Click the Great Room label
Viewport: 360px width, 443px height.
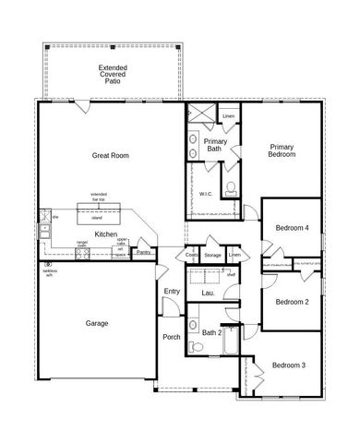110,156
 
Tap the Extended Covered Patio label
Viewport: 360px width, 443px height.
113,74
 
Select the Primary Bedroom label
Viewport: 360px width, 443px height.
282,151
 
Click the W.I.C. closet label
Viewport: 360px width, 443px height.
206,195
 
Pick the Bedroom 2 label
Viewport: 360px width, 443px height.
292,302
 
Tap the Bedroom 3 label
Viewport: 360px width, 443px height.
290,365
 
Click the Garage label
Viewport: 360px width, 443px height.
97,323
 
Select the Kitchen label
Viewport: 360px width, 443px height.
105,234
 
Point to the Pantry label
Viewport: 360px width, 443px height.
144,251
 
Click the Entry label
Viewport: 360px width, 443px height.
172,292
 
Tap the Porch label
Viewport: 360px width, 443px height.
172,336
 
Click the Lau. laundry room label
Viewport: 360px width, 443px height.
207,293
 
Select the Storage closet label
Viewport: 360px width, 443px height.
213,255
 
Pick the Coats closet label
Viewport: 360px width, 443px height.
191,255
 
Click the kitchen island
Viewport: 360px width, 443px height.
98,216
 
